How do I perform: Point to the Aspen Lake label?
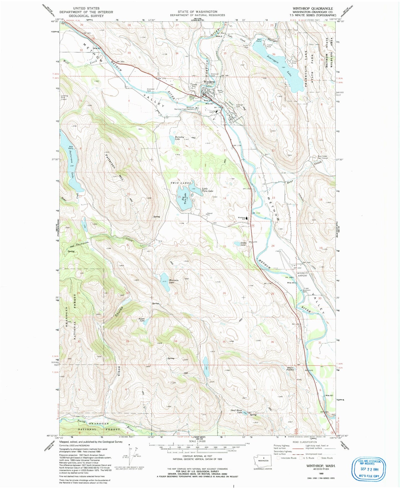142,320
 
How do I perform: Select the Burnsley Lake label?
180,138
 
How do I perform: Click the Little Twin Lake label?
207,190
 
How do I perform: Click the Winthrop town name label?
209,82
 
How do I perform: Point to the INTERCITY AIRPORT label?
302,274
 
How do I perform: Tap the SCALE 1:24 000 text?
197,449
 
